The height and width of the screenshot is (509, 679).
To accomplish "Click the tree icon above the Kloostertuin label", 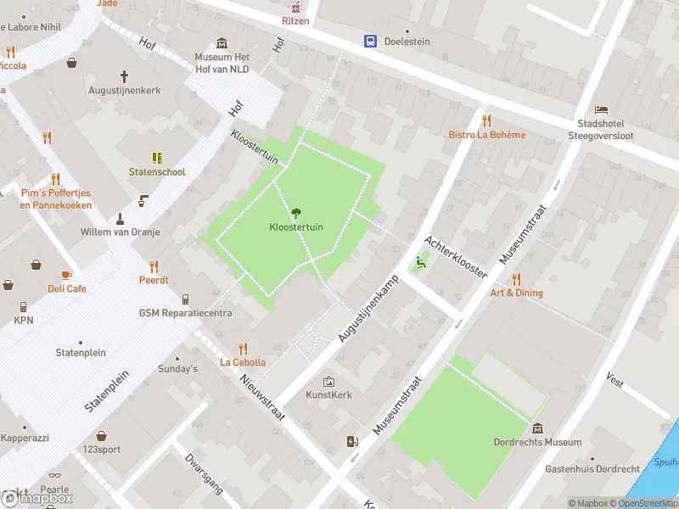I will tap(296, 213).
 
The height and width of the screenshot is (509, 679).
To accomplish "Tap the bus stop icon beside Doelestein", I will tap(371, 41).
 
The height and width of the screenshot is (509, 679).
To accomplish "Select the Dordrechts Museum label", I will tap(537, 442).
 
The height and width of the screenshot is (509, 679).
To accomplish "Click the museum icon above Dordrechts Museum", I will tap(537, 428).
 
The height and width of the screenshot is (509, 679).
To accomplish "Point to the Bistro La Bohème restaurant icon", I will tap(486, 120).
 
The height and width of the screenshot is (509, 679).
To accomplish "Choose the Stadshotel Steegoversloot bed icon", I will tap(601, 110).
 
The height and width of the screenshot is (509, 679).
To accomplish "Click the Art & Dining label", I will tap(516, 293).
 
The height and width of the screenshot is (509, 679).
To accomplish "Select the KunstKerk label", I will tap(328, 394).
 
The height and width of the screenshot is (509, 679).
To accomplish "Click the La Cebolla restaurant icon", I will tap(244, 348).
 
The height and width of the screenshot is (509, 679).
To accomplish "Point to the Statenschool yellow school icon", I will tap(157, 158).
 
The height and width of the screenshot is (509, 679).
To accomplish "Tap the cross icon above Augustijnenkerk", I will tap(124, 76).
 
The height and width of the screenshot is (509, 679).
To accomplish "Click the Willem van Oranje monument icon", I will tap(120, 218).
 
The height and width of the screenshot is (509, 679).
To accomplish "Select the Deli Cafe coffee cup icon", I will tap(67, 275).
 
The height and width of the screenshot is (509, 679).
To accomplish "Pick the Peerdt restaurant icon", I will tap(154, 266).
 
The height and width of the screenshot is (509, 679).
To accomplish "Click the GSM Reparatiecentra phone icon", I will tap(186, 299).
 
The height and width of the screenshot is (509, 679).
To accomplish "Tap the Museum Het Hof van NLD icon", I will tap(222, 43).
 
